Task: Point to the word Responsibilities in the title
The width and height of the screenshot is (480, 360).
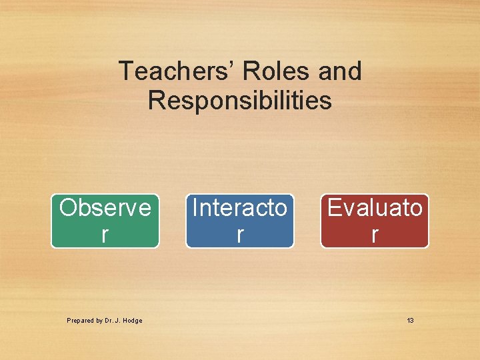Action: pos(240,101)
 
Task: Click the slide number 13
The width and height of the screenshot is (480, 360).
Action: pos(410,321)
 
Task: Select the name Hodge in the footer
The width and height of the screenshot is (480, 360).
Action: pos(133,321)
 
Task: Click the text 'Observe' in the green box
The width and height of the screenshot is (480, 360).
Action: pos(105,208)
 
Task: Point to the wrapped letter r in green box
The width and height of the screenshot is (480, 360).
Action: pos(105,234)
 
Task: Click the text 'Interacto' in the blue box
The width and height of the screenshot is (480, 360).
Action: pos(240,208)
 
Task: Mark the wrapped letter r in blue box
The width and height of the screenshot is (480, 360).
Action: pos(240,234)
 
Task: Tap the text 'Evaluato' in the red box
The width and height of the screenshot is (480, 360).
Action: pos(375,208)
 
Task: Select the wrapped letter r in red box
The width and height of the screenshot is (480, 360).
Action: pos(375,234)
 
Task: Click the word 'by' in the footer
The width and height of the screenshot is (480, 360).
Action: pos(97,321)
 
